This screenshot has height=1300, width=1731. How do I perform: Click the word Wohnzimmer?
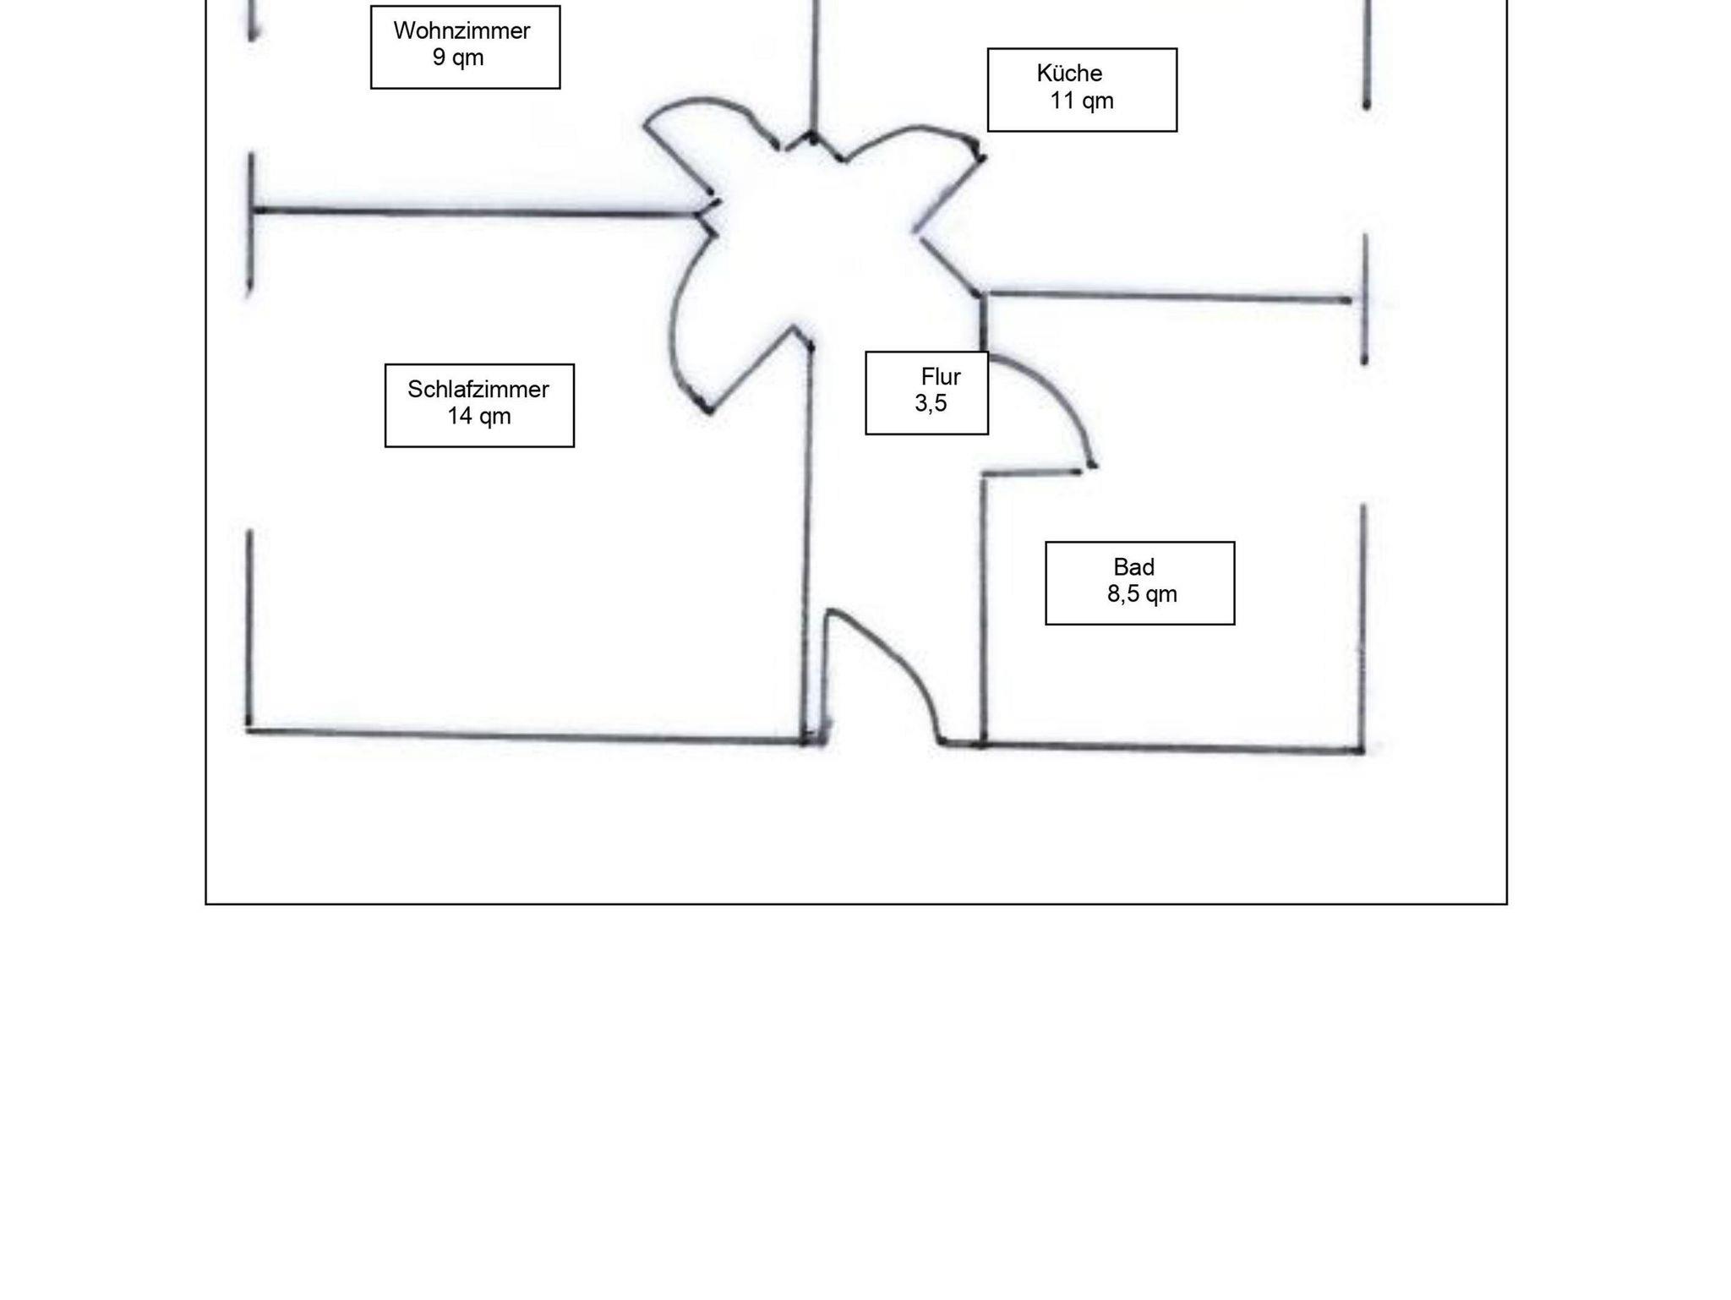[461, 31]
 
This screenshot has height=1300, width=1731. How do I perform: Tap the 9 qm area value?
[458, 57]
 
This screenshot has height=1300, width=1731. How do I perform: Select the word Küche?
[1069, 74]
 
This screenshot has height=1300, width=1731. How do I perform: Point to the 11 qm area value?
[1082, 101]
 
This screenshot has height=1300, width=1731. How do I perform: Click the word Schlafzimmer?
[478, 390]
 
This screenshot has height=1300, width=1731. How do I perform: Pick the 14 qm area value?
[479, 416]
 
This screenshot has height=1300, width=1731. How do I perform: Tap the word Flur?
[941, 376]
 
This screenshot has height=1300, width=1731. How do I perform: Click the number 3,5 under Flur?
[931, 403]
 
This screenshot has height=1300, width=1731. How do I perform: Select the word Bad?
[1133, 567]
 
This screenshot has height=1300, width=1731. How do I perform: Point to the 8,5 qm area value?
[1142, 594]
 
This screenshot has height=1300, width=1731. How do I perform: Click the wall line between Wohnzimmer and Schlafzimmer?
[473, 211]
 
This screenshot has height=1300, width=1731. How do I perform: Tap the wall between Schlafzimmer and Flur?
[807, 541]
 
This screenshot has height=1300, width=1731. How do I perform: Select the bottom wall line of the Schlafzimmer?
[524, 735]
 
